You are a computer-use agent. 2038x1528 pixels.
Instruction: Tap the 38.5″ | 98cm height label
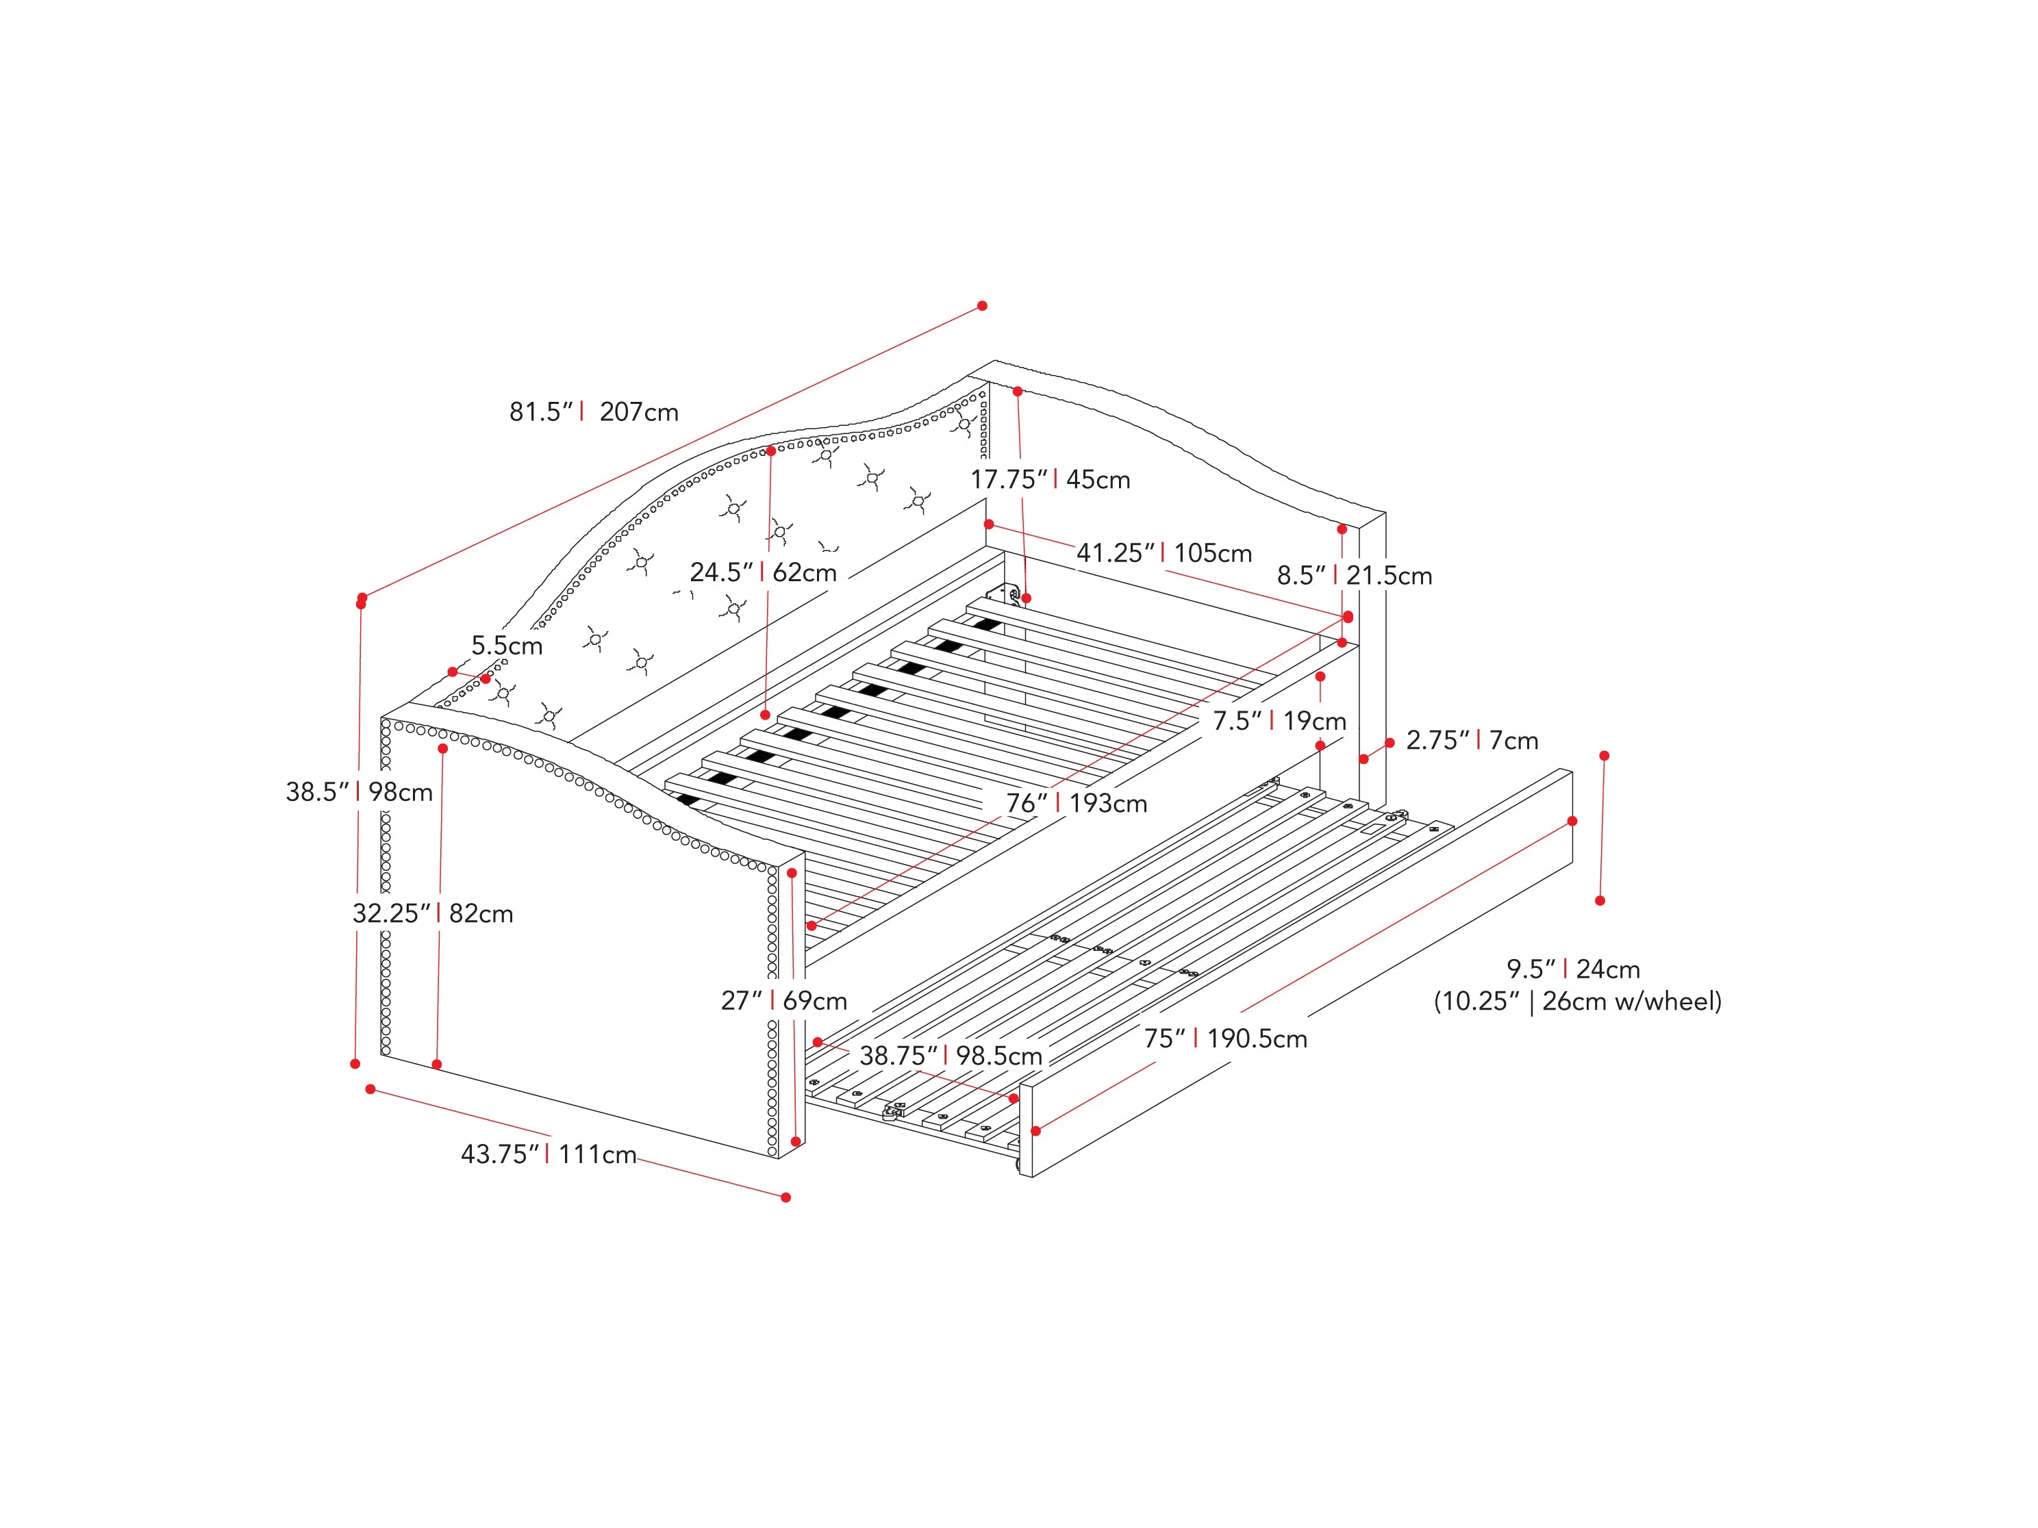pos(360,792)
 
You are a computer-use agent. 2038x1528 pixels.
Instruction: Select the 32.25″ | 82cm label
pos(433,914)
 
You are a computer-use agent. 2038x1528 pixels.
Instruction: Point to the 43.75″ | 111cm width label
pos(549,1154)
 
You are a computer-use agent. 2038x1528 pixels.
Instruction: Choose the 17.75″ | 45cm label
pos(1051,479)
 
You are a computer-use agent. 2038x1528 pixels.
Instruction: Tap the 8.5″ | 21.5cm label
pos(1355,576)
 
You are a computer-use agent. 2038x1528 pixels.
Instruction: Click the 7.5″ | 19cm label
pos(1279,720)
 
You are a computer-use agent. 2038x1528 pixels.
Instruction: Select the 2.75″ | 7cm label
pos(1472,741)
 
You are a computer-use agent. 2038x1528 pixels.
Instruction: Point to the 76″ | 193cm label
pos(1076,803)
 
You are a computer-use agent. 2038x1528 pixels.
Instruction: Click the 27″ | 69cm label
pos(784,1000)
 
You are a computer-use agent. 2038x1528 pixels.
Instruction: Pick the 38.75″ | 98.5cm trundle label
pos(951,1056)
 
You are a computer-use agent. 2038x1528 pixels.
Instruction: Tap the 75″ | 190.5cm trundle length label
pos(1225,1039)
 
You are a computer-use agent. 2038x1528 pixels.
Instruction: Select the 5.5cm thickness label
pos(507,646)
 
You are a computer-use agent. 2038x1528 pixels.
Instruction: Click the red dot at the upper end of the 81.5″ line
pos(982,306)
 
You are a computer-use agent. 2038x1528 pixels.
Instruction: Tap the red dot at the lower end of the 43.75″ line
pos(786,1197)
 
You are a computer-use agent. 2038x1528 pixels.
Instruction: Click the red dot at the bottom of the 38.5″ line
pos(355,1064)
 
